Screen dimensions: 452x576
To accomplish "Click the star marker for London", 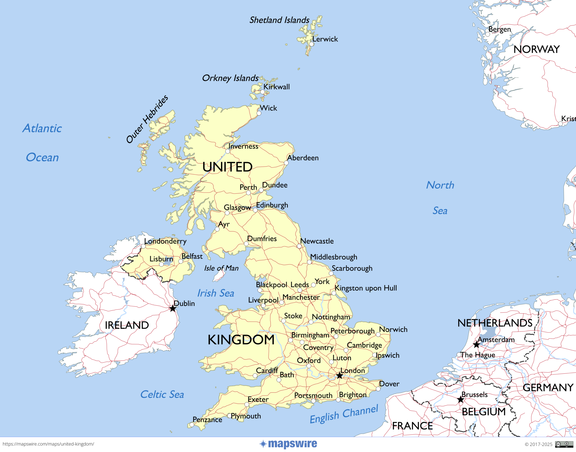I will (340, 375).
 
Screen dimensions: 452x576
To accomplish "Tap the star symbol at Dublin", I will (173, 309).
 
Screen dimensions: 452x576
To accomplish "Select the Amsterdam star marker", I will (476, 345).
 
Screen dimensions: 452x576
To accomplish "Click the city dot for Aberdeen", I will (286, 163).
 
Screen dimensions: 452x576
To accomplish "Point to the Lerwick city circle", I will (312, 44).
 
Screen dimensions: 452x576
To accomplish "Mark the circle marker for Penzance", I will (192, 425).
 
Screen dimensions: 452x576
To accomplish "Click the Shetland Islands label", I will (279, 20).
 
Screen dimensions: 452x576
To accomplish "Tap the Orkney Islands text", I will (230, 78).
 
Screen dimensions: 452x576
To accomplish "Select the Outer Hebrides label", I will (147, 119).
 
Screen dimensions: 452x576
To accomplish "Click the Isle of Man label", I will (221, 268).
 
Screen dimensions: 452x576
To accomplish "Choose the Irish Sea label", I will (216, 293).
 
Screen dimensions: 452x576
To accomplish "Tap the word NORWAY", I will (536, 50).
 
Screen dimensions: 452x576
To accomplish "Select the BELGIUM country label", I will (484, 412).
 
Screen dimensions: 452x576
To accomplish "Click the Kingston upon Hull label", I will (366, 288).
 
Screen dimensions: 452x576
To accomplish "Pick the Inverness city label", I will (243, 146).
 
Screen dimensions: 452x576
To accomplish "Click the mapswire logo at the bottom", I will (288, 444).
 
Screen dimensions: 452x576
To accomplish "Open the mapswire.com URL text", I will (48, 444).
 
